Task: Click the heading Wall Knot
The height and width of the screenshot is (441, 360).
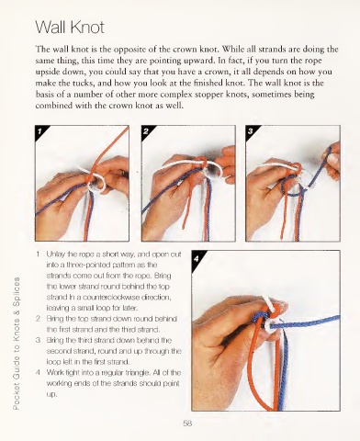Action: point(70,28)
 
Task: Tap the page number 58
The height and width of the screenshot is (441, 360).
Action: point(187,424)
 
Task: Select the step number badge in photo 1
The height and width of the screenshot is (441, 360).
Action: point(39,131)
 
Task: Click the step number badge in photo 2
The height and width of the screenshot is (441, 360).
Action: point(146,131)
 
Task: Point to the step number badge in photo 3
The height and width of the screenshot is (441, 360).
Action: point(250,131)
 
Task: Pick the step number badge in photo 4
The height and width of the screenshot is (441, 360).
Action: point(197,259)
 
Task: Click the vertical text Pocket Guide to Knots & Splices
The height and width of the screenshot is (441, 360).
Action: point(17,344)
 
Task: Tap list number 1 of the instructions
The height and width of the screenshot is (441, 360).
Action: point(38,254)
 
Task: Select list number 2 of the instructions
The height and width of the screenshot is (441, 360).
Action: point(38,319)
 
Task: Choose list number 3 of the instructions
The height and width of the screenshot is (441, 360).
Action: point(38,340)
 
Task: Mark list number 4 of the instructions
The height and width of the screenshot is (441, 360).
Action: point(38,373)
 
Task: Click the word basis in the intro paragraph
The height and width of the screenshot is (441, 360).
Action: point(45,94)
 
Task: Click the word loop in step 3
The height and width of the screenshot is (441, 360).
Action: point(52,362)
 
